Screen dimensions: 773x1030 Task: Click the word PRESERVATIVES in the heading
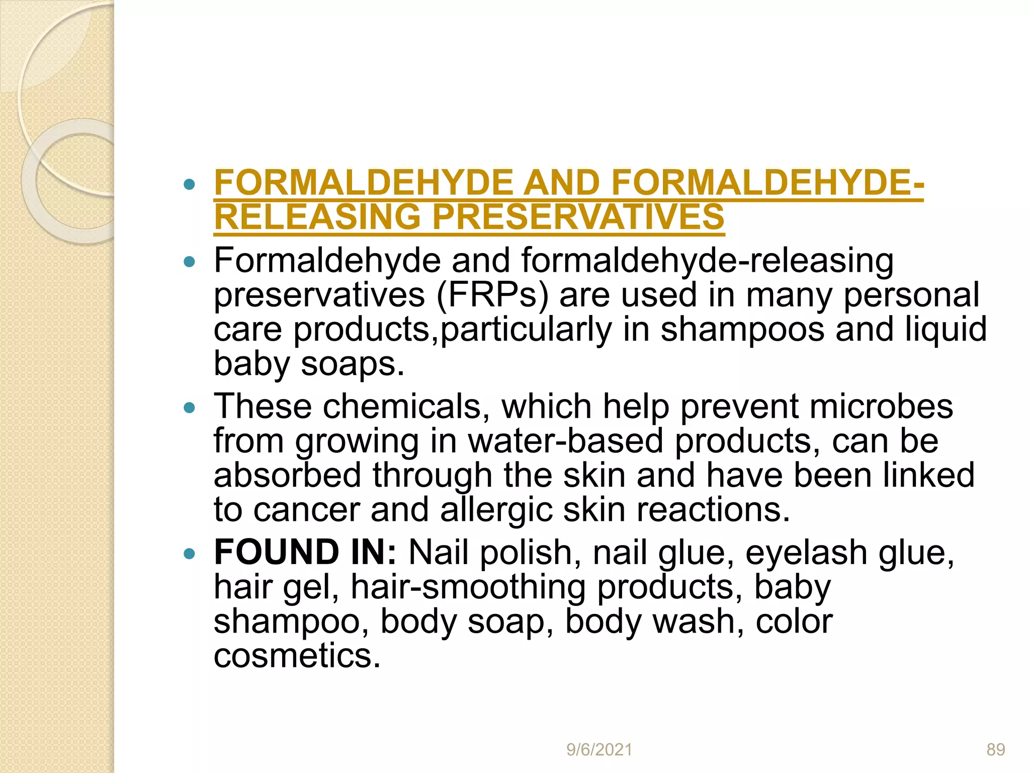[578, 217]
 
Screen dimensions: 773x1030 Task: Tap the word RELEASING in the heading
[317, 217]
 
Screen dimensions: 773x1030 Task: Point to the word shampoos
[742, 330]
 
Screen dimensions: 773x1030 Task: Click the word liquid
[946, 330]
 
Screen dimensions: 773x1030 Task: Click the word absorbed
[287, 475]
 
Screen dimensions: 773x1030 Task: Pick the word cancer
[306, 509]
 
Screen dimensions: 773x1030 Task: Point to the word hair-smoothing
[468, 587]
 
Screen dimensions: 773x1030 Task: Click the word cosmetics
[297, 656]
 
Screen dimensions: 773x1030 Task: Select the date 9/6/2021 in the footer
[599, 750]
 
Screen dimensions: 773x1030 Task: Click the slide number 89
[995, 750]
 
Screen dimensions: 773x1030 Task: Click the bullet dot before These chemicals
[189, 408]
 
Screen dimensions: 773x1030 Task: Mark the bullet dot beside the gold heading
[189, 185]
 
